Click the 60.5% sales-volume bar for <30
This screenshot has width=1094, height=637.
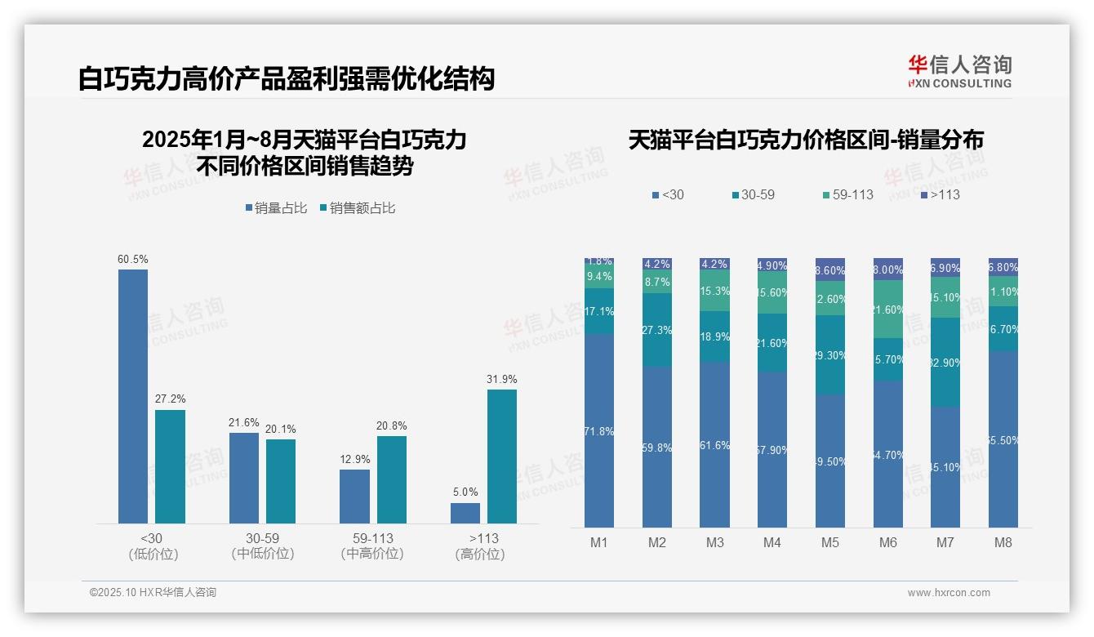[133, 396]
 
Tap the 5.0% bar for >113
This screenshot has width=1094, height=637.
[465, 513]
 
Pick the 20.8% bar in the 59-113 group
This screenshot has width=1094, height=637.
[392, 479]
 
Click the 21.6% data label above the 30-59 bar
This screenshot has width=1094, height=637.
[244, 423]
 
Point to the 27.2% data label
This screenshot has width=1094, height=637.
[170, 399]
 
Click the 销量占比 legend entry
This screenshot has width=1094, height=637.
[276, 208]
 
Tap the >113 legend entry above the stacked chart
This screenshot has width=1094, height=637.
[941, 194]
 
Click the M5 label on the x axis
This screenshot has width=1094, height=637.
[830, 542]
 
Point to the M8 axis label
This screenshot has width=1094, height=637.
[1003, 542]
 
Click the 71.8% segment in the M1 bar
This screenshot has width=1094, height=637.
[599, 430]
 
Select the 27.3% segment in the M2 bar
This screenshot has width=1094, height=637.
[657, 330]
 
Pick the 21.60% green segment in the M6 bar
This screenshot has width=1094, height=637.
[888, 310]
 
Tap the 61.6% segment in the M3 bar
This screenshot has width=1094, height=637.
[715, 444]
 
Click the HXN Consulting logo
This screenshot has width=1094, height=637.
[959, 72]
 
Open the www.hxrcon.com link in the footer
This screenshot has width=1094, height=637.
[949, 593]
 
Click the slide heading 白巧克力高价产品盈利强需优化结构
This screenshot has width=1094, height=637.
[287, 79]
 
